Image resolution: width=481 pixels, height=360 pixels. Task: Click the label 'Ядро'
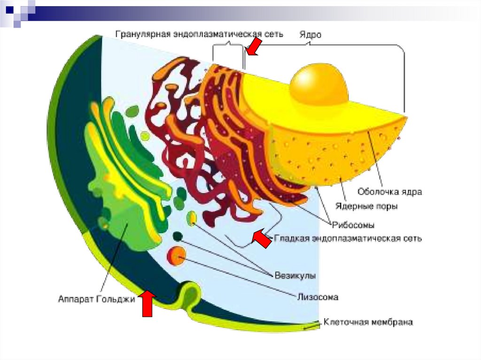(310, 35)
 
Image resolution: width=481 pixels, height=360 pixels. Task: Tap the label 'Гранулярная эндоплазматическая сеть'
(200, 34)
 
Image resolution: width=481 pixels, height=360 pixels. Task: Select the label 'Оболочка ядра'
(389, 191)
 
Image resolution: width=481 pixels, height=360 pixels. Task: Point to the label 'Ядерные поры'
(367, 206)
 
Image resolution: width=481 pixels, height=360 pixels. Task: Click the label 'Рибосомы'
(353, 224)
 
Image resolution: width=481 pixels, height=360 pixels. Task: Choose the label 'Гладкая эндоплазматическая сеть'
(348, 238)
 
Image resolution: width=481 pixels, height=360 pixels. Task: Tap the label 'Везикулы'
(295, 275)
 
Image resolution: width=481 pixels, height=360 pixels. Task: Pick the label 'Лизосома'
(318, 297)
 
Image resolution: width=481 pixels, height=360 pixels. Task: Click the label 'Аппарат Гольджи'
(96, 299)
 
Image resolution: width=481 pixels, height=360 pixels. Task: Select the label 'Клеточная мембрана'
(368, 322)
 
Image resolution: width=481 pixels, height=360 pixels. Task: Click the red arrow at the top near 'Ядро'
(255, 47)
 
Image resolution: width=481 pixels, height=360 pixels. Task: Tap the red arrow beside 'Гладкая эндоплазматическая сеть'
(261, 238)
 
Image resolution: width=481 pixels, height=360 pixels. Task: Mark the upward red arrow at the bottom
(147, 303)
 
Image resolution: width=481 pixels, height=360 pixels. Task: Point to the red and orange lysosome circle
(177, 255)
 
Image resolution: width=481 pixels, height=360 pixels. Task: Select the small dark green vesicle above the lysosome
(178, 237)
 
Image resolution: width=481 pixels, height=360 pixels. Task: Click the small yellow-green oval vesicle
(192, 218)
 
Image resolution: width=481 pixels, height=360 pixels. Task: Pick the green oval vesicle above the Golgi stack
(133, 111)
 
